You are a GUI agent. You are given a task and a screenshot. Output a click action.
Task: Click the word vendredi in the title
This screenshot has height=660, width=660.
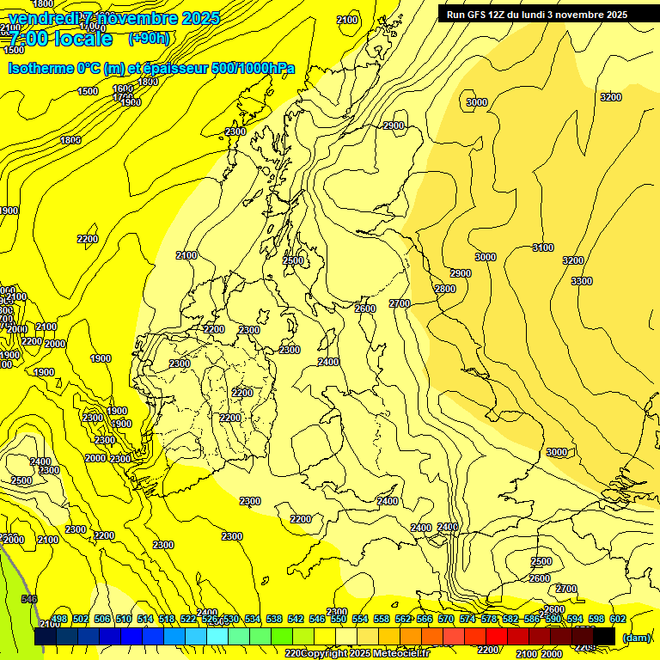42,18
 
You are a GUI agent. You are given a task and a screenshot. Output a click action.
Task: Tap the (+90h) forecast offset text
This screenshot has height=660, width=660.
149,39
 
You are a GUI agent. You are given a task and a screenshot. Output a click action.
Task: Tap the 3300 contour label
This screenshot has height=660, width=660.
582,281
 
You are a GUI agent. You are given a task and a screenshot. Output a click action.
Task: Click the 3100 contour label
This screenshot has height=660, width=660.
542,247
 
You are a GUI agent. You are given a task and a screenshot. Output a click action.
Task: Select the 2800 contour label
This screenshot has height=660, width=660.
445,289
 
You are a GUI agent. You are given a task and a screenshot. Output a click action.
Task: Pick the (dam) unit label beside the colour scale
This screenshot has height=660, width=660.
636,637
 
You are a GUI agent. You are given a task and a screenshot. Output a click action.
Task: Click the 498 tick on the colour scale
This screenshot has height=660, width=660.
59,619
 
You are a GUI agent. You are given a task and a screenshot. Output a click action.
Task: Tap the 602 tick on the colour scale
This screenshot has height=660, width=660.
617,619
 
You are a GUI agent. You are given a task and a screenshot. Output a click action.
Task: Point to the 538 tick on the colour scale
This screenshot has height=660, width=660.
274,619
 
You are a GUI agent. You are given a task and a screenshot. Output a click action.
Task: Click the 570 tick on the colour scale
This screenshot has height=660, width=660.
445,619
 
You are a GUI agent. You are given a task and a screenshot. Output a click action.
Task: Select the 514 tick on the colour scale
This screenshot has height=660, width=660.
145,619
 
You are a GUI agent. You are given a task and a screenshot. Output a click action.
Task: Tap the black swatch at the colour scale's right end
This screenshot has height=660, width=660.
604,636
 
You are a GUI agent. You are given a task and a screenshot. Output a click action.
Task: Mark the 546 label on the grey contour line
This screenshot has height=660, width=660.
29,599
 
